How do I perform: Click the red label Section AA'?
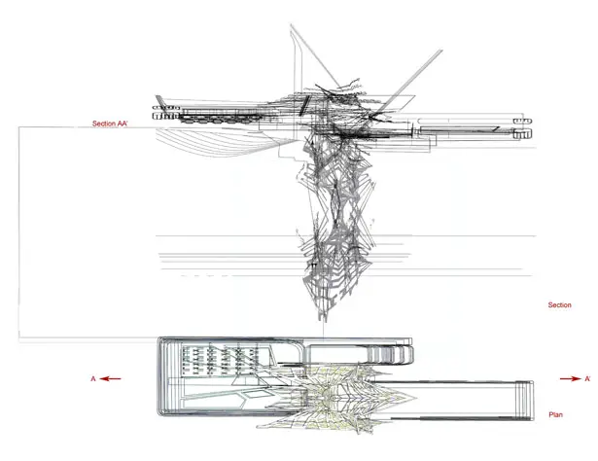pos(110,124)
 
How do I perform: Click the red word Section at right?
pos(559,305)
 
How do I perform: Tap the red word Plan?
pos(555,414)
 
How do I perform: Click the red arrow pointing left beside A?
pos(112,378)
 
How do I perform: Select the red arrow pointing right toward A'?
pos(571,378)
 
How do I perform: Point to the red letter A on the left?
pos(93,378)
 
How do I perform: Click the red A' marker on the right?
pos(587,378)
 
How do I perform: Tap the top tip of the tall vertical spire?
pos(291,24)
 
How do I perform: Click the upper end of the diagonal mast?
pos(441,50)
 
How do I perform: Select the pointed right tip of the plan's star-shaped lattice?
pos(416,397)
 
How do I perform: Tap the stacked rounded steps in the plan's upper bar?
pos(390,354)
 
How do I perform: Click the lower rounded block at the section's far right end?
pos(522,134)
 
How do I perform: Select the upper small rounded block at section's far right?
pos(522,122)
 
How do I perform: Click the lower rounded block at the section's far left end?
pos(166,116)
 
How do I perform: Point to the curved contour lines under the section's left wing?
pos(225,142)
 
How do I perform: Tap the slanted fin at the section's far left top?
pos(160,101)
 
